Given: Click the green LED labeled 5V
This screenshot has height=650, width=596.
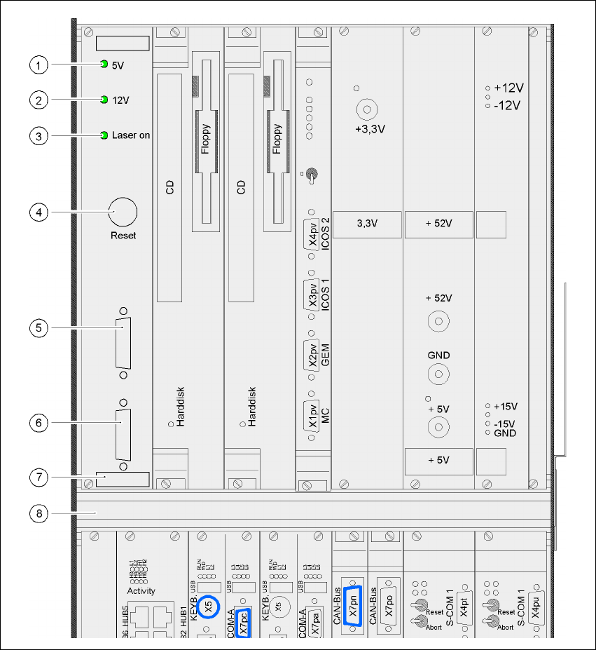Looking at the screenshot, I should point(104,65).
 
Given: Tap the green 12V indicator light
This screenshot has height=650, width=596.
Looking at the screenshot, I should point(104,100).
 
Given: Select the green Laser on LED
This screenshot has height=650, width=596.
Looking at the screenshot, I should point(104,135).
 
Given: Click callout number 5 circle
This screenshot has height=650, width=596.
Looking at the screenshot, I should point(39,327).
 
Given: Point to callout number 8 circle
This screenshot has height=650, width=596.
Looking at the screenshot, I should point(39,513).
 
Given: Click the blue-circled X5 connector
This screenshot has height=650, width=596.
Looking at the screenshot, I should point(209,607).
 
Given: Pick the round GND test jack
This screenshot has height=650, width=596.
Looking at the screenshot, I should point(439,373).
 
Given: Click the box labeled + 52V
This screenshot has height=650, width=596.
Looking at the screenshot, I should point(438,224).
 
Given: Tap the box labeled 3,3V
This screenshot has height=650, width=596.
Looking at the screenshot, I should point(367,224).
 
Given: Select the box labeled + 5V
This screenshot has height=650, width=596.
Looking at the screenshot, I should point(438,460).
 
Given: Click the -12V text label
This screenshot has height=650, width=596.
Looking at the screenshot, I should point(508,105).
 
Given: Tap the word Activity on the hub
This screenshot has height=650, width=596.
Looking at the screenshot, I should point(141,591).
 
